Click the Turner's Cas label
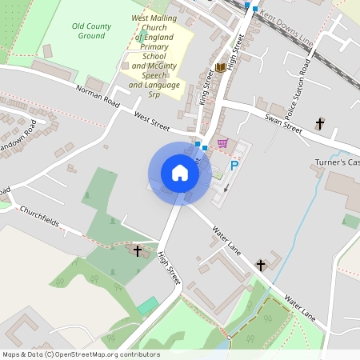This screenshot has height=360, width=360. [337, 163]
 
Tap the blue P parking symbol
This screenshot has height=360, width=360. [234, 166]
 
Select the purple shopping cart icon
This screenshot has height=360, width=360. [222, 144]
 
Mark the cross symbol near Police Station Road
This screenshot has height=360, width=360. [320, 123]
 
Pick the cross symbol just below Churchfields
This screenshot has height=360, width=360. [137, 251]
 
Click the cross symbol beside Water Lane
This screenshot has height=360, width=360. [260, 265]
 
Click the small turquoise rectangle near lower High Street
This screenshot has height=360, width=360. [147, 306]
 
